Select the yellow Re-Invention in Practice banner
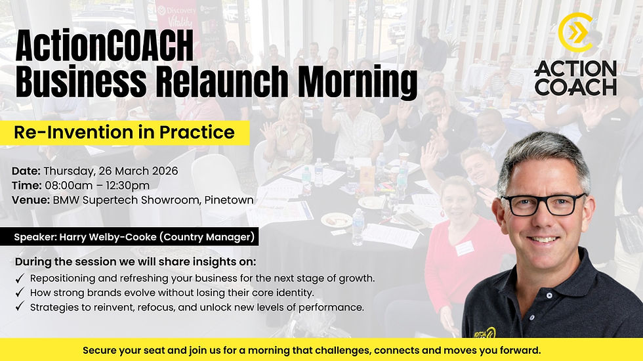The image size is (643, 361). pyautogui.click(x=125, y=133)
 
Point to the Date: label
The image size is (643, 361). pyautogui.click(x=26, y=171)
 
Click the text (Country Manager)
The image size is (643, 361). pyautogui.click(x=209, y=236)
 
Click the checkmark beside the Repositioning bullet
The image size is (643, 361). pyautogui.click(x=19, y=278)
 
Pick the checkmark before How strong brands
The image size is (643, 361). pyautogui.click(x=19, y=293)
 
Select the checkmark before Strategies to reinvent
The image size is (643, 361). pyautogui.click(x=19, y=307)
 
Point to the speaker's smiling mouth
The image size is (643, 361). pyautogui.click(x=544, y=240)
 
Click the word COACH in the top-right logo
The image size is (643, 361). pyautogui.click(x=575, y=86)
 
